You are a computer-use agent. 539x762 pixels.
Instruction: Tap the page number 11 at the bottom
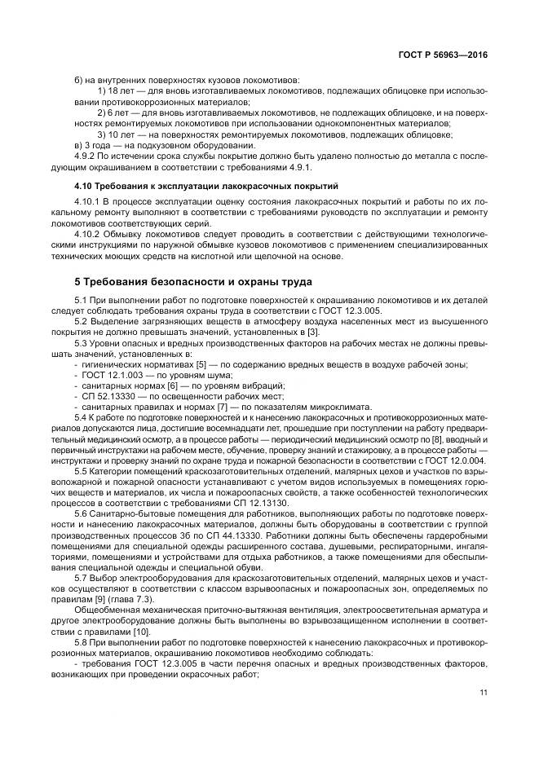[484, 693]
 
